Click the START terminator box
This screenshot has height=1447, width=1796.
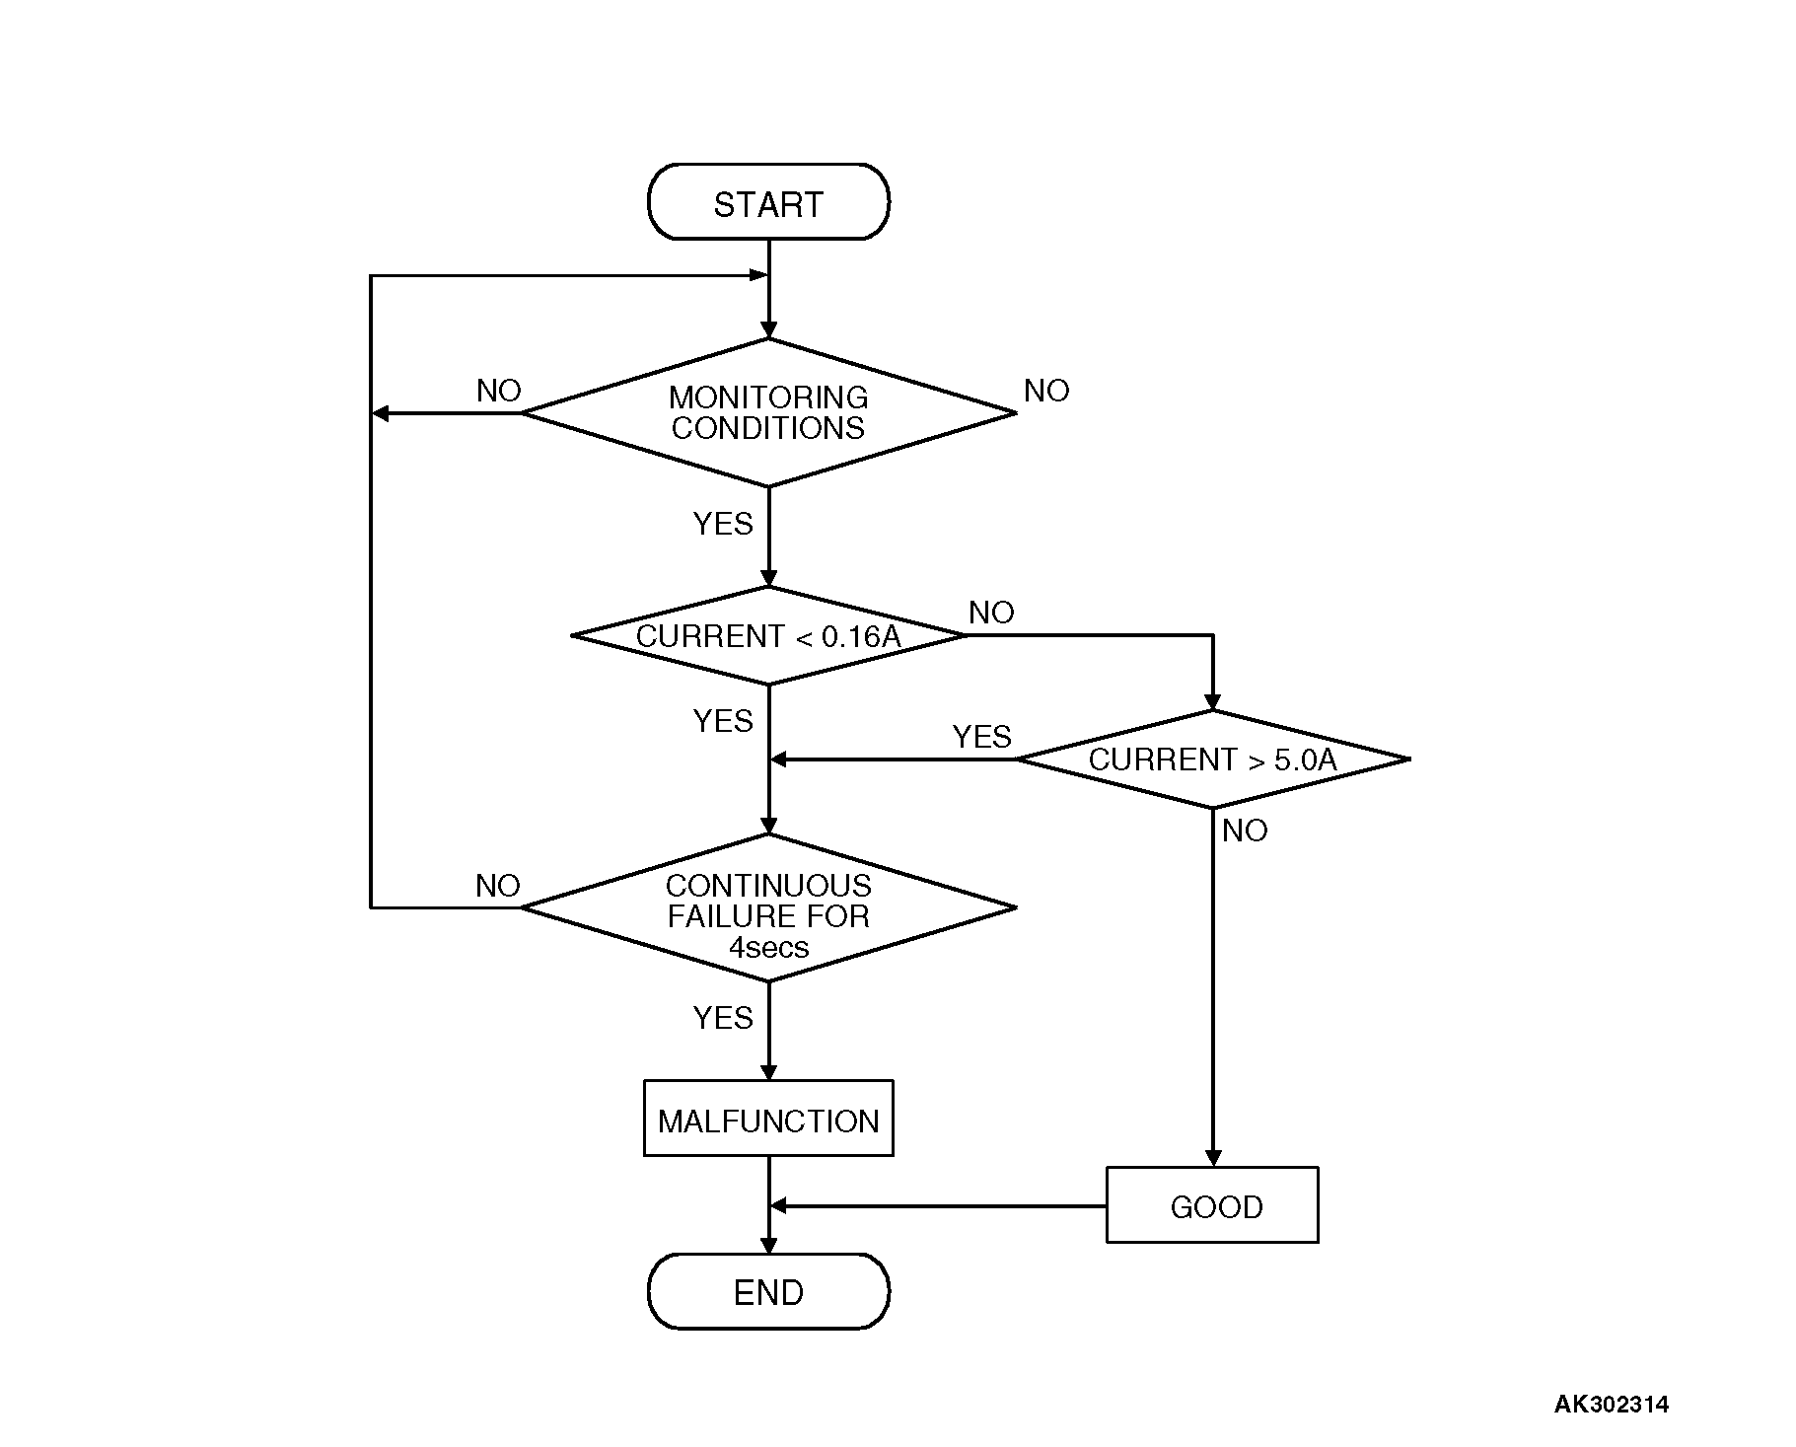(x=768, y=202)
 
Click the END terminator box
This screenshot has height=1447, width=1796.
(x=768, y=1291)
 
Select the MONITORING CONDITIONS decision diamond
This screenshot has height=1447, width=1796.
(x=768, y=413)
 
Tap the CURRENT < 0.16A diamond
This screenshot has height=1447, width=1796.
(x=768, y=636)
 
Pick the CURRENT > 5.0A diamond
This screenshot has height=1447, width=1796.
(x=1212, y=760)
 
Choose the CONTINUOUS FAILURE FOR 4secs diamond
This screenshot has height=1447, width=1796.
(x=768, y=908)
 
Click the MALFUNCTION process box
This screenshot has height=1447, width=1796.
(x=768, y=1120)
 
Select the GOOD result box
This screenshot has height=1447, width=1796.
(x=1212, y=1205)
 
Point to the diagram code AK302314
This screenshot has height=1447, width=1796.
(x=1612, y=1405)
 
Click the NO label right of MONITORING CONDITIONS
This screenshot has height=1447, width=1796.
(x=1046, y=391)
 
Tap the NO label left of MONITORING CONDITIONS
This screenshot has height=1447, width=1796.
(x=498, y=391)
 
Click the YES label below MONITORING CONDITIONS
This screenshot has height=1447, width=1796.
(x=723, y=524)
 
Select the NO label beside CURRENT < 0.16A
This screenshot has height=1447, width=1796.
(x=991, y=613)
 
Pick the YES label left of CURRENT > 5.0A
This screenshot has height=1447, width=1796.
(x=982, y=736)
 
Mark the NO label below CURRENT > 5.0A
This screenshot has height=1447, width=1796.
(x=1245, y=831)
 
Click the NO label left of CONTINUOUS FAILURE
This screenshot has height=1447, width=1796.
(x=498, y=886)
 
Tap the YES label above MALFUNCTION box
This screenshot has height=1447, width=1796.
(x=723, y=1017)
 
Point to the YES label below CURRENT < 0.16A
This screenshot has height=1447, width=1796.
(x=723, y=721)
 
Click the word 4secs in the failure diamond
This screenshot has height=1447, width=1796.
(x=768, y=948)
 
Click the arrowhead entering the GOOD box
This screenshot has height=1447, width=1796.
(x=1213, y=1158)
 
